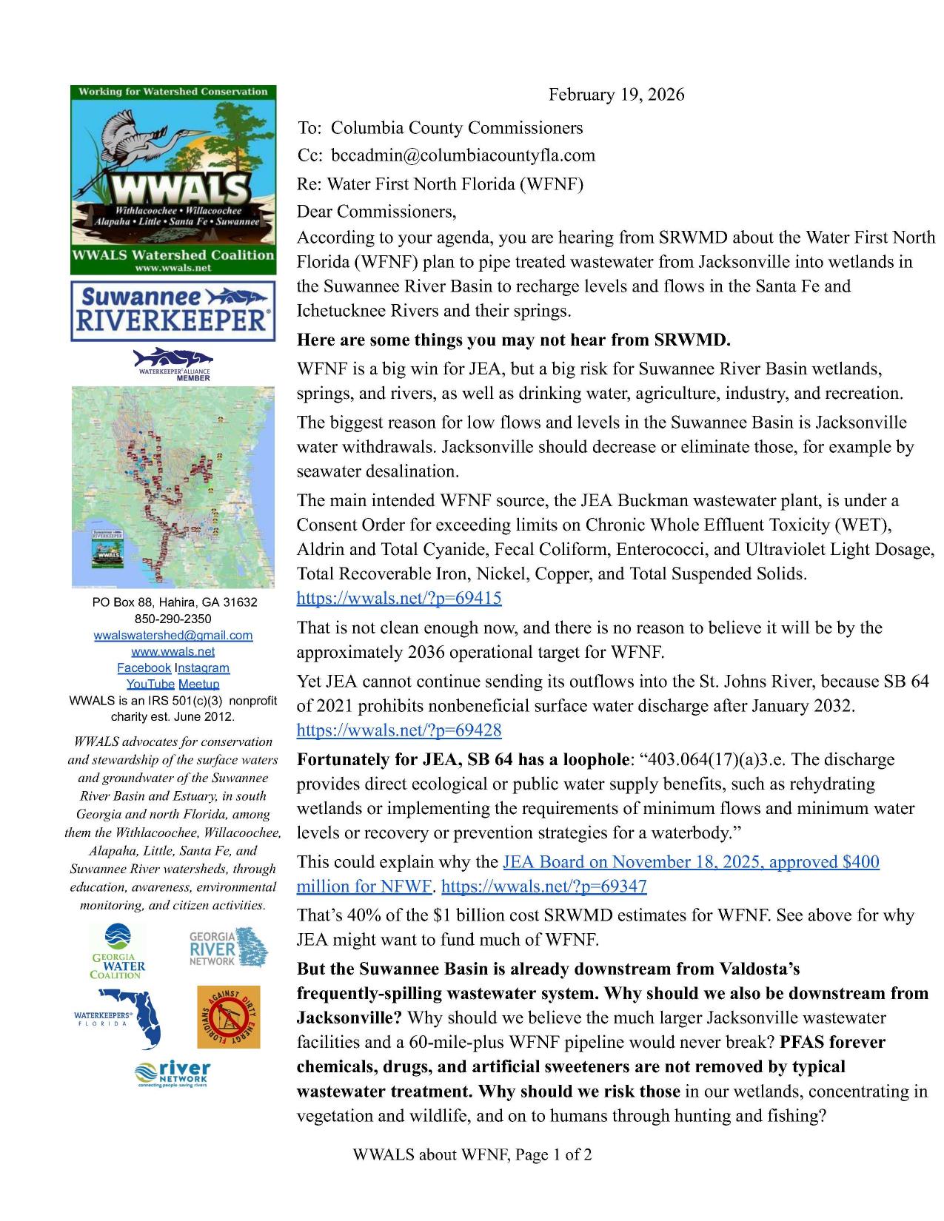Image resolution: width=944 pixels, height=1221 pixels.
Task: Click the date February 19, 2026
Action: click(615, 95)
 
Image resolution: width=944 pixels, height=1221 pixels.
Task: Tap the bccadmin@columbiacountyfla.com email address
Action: click(463, 155)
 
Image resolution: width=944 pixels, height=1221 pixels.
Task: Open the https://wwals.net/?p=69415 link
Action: click(399, 598)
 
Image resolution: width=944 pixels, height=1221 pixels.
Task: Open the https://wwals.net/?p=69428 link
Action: click(399, 730)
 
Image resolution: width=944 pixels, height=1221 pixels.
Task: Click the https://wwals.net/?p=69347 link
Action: click(544, 886)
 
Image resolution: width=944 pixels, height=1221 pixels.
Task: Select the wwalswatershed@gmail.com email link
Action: click(173, 635)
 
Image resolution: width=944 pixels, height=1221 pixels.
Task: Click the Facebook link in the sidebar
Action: click(144, 667)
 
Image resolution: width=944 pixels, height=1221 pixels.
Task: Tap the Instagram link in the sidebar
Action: click(202, 667)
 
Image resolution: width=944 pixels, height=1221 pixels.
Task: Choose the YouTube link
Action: click(150, 684)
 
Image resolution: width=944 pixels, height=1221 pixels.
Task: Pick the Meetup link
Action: click(199, 684)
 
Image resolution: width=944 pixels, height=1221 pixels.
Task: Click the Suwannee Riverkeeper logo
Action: click(173, 311)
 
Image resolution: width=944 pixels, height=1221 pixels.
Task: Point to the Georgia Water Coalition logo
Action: click(118, 950)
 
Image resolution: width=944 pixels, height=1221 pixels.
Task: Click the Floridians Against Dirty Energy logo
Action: click(228, 1017)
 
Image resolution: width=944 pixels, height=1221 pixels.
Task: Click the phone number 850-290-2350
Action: click(173, 619)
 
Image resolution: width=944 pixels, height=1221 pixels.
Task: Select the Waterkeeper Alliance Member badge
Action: click(173, 364)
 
